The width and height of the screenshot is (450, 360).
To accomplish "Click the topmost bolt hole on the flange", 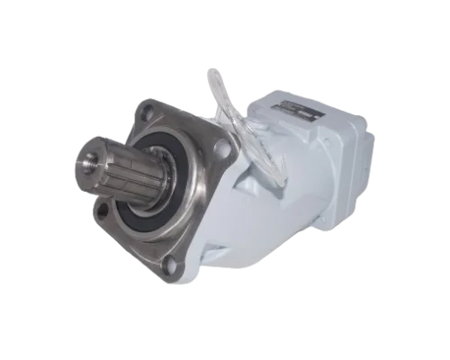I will [146, 112].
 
